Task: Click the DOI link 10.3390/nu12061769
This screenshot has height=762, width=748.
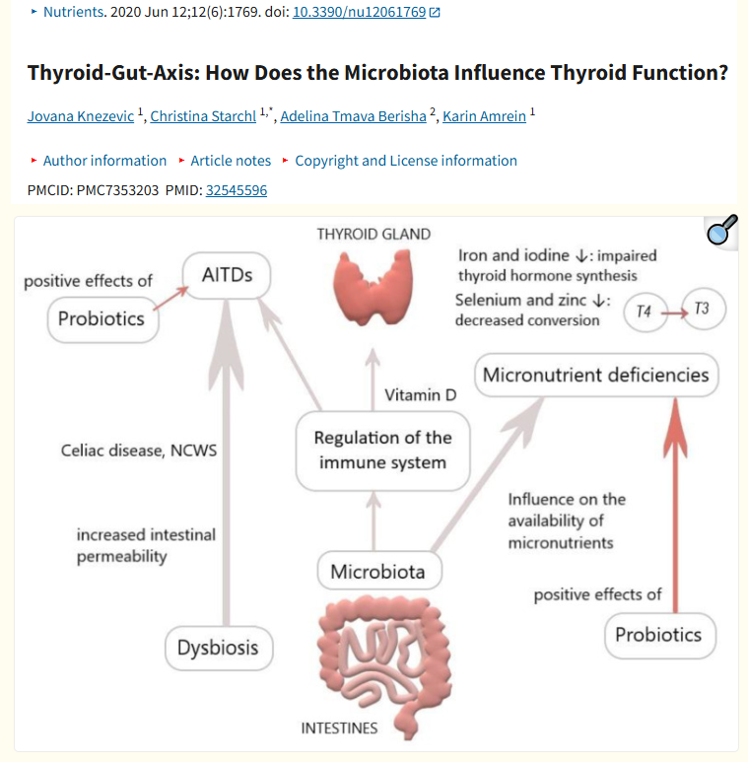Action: point(360,13)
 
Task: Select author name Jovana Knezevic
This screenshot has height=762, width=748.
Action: point(81,116)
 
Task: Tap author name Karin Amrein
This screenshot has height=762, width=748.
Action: point(485,116)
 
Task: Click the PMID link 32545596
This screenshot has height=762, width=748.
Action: point(236,190)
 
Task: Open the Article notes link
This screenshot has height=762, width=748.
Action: point(231,161)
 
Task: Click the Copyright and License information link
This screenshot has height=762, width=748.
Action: point(406,161)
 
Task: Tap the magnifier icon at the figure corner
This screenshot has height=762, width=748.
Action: point(722,232)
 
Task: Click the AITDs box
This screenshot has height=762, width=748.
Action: point(227,275)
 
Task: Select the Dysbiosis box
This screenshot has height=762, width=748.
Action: point(218,648)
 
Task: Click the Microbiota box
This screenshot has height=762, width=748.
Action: point(378,572)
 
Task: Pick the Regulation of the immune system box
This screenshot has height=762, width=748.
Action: point(381,450)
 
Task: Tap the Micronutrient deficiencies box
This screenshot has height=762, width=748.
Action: point(596,375)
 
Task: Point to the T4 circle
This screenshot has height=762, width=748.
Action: point(644,311)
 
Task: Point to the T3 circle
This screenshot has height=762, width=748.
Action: point(702,310)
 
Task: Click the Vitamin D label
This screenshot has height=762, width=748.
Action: point(421,395)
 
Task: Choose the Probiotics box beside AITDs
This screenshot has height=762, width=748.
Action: point(102,318)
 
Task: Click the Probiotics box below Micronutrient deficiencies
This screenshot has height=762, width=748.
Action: point(658,634)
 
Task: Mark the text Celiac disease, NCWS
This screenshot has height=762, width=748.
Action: point(138,450)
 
